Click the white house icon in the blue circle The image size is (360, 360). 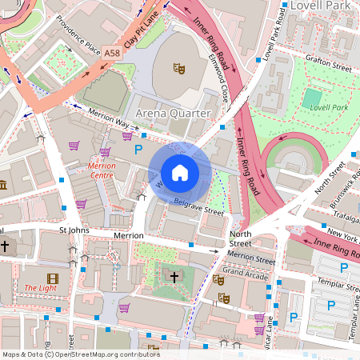point(180,173)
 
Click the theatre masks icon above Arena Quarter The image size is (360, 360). point(180,69)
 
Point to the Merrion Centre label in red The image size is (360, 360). point(101,170)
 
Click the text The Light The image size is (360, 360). point(39,288)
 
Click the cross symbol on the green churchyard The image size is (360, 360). point(174,277)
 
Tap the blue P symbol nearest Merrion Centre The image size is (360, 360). point(138,150)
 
